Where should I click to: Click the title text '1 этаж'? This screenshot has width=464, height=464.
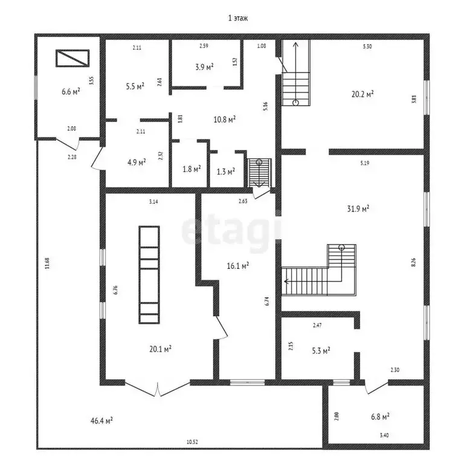pyautogui.click(x=238, y=18)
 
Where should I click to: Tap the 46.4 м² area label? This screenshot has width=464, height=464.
pyautogui.click(x=101, y=420)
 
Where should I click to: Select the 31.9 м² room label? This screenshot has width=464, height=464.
pyautogui.click(x=358, y=208)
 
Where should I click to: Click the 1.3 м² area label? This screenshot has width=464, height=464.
pyautogui.click(x=226, y=172)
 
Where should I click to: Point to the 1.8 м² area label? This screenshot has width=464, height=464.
pyautogui.click(x=192, y=169)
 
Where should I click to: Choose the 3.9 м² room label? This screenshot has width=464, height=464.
pyautogui.click(x=204, y=67)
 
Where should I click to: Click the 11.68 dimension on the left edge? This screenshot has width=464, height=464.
pyautogui.click(x=47, y=263)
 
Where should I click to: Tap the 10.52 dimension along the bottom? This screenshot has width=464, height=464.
pyautogui.click(x=192, y=442)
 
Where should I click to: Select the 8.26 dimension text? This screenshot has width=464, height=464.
pyautogui.click(x=413, y=262)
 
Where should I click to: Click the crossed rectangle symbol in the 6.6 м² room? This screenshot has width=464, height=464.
pyautogui.click(x=72, y=58)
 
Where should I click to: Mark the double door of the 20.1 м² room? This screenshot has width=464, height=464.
pyautogui.click(x=158, y=389)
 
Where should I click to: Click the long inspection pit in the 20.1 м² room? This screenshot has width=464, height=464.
pyautogui.click(x=149, y=275)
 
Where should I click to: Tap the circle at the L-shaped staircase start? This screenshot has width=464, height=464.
pyautogui.click(x=341, y=247)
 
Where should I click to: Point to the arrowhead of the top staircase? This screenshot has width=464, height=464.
pyautogui.click(x=295, y=45)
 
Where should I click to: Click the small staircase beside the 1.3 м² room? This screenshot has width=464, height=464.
pyautogui.click(x=259, y=173)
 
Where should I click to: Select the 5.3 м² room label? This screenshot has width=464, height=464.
pyautogui.click(x=321, y=351)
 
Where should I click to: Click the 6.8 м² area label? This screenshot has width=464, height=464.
pyautogui.click(x=380, y=417)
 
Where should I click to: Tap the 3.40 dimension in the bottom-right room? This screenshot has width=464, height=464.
pyautogui.click(x=384, y=435)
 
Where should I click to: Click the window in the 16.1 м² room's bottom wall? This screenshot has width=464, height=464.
pyautogui.click(x=247, y=382)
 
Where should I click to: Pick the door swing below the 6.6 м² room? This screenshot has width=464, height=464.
pyautogui.click(x=68, y=145)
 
